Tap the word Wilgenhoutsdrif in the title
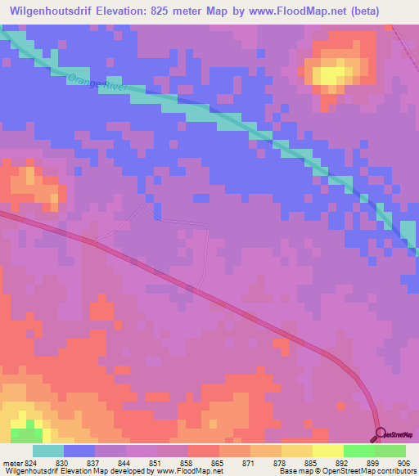point(59,11)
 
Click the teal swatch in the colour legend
point(47,451)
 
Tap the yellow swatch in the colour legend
point(327,451)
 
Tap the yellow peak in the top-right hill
point(329,74)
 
